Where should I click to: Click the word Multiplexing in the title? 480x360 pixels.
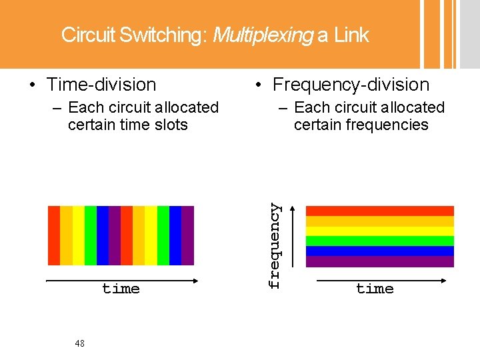coord(262,35)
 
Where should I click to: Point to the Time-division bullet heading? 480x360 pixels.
coord(101,85)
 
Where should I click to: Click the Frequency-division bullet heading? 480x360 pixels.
coord(351,85)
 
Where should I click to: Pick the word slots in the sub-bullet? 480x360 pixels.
coord(170,125)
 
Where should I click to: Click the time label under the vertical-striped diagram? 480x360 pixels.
coord(121,289)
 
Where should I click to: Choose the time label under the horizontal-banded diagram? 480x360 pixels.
coord(375,289)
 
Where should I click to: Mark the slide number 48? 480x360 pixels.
coord(80,343)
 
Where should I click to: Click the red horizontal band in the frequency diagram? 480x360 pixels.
coord(379,211)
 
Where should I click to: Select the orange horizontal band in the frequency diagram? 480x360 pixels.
coord(379,221)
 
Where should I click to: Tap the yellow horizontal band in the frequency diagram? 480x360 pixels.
coord(379,231)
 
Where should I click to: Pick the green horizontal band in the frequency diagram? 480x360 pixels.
coord(379,241)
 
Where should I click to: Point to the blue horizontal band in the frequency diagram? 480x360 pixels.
coord(379,251)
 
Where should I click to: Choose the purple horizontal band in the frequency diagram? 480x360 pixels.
coord(379,261)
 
